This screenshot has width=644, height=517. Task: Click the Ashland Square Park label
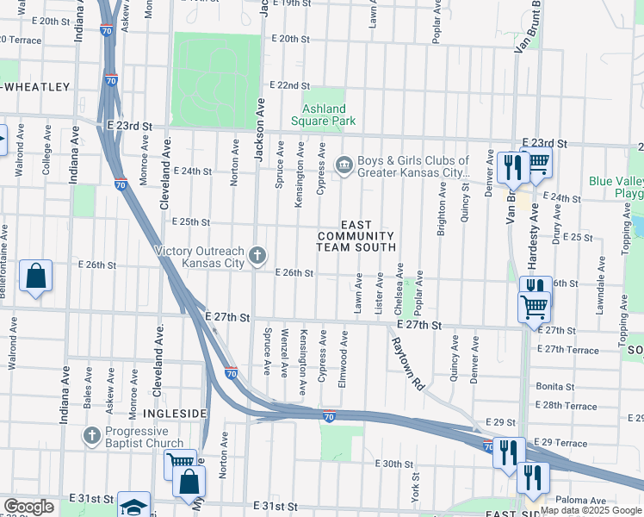(323, 115)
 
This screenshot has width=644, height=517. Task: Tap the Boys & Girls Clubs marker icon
(344, 164)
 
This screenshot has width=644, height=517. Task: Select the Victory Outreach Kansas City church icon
(257, 255)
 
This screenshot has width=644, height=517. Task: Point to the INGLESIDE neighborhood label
(175, 414)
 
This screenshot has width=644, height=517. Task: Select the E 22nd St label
(289, 85)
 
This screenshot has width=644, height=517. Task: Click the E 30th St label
(395, 464)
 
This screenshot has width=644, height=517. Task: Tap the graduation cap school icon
(133, 505)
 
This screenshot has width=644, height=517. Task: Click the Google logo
(28, 507)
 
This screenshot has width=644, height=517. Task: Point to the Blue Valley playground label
(615, 188)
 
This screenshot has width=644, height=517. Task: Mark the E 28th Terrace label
(566, 406)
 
